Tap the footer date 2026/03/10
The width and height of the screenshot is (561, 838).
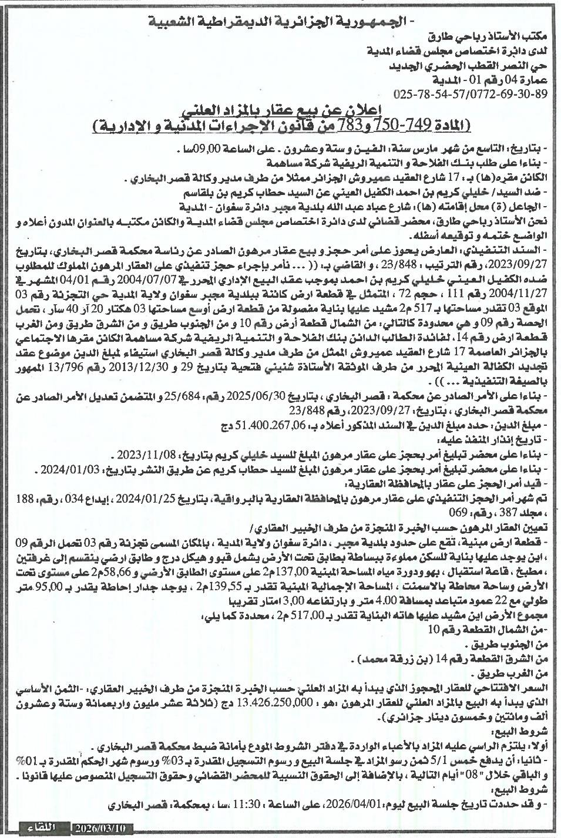click(x=103, y=828)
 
